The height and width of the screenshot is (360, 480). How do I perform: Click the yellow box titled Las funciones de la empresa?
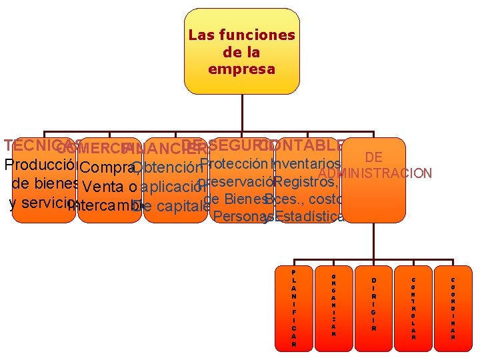[x=241, y=51]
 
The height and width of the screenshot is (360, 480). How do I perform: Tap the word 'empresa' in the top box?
[x=241, y=69]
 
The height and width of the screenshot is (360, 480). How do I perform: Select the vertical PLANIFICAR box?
[x=294, y=308]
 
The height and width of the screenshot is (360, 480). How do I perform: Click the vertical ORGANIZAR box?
[x=333, y=308]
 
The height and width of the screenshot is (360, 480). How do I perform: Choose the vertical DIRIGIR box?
[x=373, y=308]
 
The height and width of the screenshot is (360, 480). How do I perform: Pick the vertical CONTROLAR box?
[x=413, y=308]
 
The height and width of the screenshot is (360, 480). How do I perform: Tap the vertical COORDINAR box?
[x=453, y=308]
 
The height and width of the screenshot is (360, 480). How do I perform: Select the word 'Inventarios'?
[x=307, y=164]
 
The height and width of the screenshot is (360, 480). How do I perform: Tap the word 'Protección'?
[x=233, y=164]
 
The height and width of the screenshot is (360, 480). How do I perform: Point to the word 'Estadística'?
[x=309, y=216]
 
